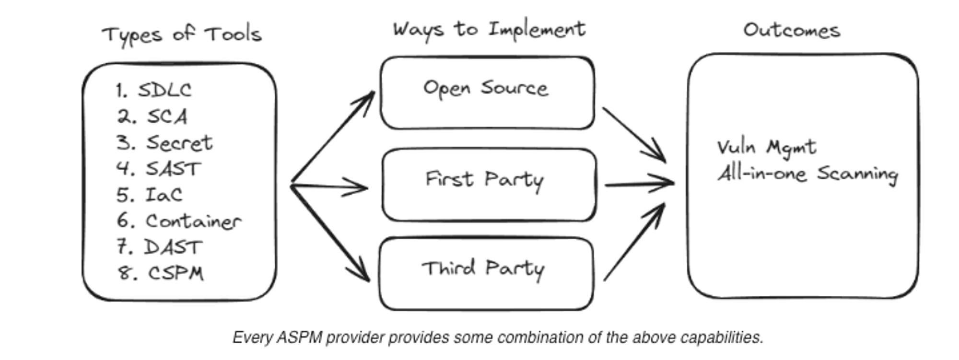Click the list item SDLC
coord(164,90)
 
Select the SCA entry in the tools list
coord(166,116)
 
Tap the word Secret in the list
coord(179,143)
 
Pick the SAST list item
coord(173,169)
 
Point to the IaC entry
coord(164,195)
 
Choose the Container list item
coord(193,221)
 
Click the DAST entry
coord(173,247)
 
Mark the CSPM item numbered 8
coord(175,273)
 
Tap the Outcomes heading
coord(792,31)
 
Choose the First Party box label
coord(484,180)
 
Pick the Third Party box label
coord(483,268)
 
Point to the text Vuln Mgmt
coord(766,147)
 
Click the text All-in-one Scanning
coord(807,174)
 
